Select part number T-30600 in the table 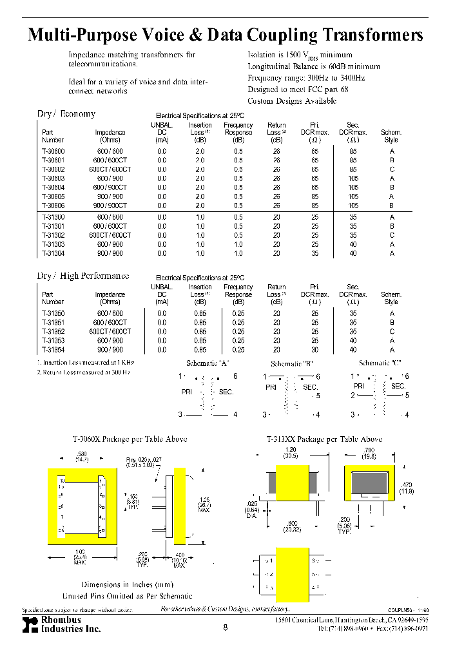53,150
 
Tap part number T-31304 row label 53,254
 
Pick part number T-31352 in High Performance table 53,331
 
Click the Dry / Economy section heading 66,114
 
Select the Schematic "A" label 208,363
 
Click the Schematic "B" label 292,363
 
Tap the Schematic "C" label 380,363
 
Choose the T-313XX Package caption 324,439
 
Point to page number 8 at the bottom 225,628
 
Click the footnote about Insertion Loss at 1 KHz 85,363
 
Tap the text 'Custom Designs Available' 292,101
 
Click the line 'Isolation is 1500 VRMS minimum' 300,55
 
